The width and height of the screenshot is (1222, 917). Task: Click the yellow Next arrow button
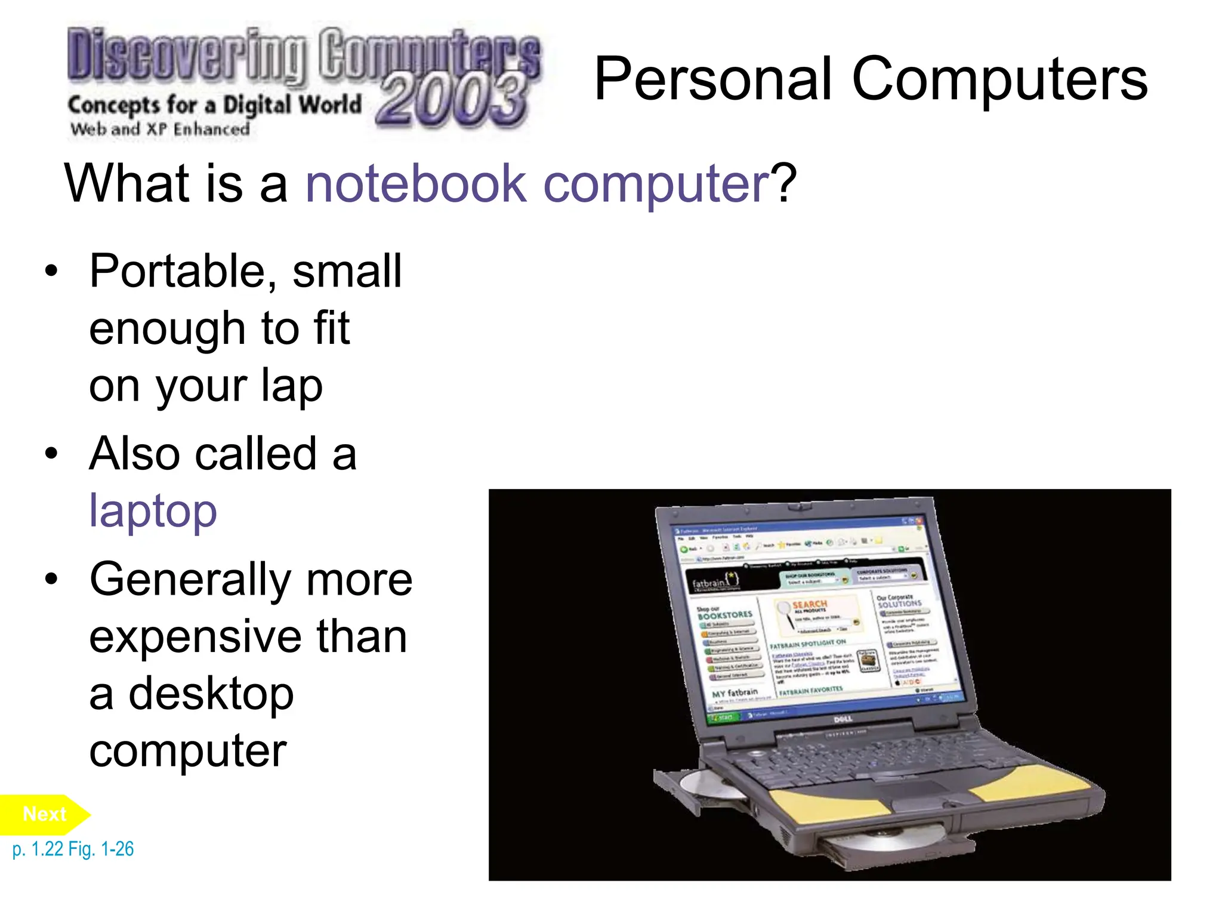pyautogui.click(x=45, y=814)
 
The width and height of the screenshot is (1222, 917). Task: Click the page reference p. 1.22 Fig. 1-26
pyautogui.click(x=73, y=849)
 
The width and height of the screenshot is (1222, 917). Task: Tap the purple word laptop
pyautogui.click(x=153, y=512)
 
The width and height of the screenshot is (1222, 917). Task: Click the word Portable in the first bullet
pyautogui.click(x=176, y=272)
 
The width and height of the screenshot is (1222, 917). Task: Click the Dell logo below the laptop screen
pyautogui.click(x=843, y=719)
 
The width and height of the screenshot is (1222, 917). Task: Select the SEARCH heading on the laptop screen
pyautogui.click(x=809, y=604)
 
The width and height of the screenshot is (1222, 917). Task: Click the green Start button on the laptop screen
pyautogui.click(x=723, y=717)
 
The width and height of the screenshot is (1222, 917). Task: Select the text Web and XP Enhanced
pyautogui.click(x=160, y=129)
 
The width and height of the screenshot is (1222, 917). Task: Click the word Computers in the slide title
pyautogui.click(x=999, y=79)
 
